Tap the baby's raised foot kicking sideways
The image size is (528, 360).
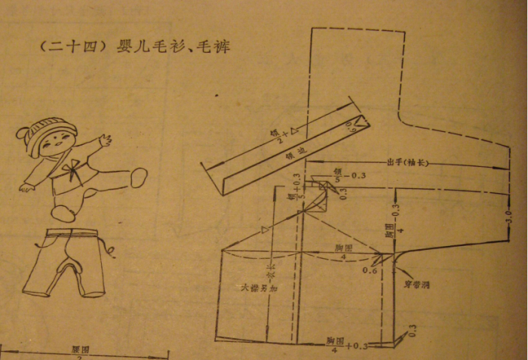[139, 177]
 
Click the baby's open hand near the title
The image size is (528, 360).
[105, 140]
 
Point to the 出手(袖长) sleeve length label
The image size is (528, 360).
[407, 162]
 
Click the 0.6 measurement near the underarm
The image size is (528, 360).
[370, 269]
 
